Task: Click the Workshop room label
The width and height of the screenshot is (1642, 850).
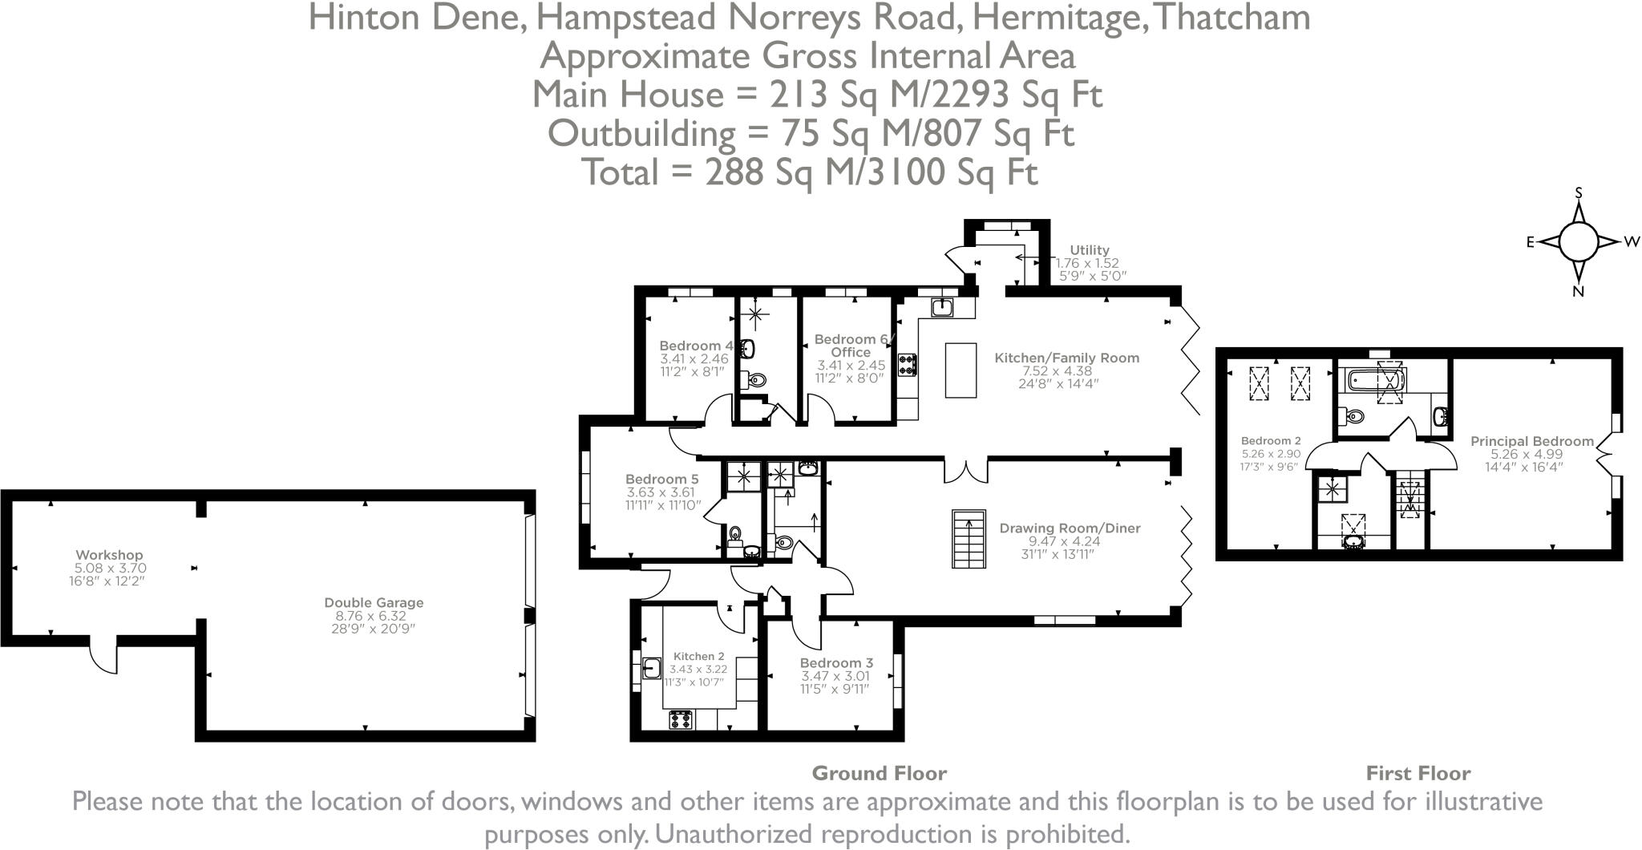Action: coord(109,555)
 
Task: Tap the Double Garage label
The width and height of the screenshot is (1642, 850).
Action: coord(374,603)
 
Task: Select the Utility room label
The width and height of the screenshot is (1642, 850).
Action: coord(1090,250)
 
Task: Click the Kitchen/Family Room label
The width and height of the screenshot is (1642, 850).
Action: coord(1066,358)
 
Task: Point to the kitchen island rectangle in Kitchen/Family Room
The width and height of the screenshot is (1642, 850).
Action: coord(961,370)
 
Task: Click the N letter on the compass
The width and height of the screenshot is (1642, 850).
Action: coord(1578,292)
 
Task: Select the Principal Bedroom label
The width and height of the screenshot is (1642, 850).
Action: coord(1531,441)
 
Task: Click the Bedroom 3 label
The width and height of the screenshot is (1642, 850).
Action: coord(836,663)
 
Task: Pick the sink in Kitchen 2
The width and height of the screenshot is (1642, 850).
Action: coord(652,667)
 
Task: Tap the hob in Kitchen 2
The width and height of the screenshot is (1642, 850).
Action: coord(681,719)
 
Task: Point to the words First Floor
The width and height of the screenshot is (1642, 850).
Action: coord(1418,774)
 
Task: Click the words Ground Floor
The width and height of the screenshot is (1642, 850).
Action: coord(879,774)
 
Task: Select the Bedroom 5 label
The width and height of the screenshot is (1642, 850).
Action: coord(662,480)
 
